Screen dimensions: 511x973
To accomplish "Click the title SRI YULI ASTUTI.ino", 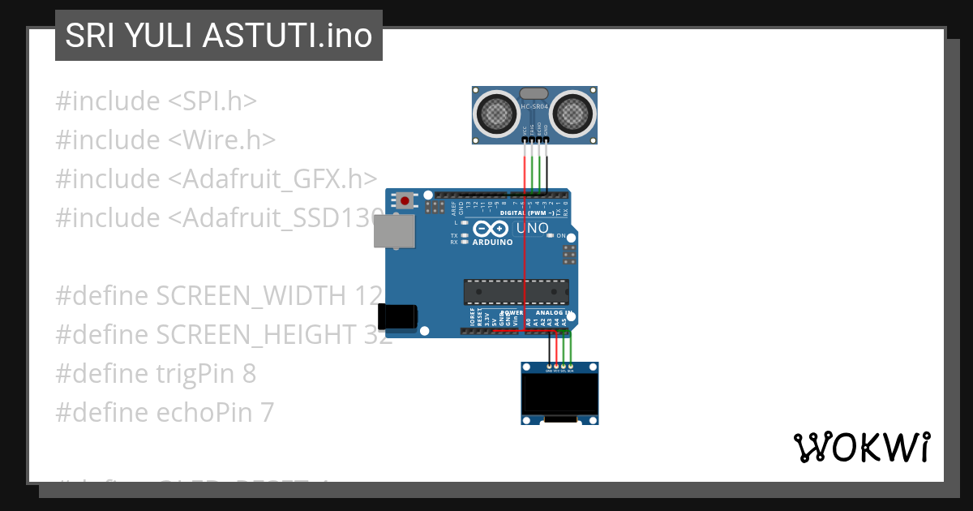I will [219, 36].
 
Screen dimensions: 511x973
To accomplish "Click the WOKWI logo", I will [861, 447].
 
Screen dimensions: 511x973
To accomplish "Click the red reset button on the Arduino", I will [405, 200].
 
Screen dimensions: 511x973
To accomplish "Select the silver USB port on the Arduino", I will [394, 231].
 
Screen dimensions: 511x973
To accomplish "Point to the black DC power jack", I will [398, 316].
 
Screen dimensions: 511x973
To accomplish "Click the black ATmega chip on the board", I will [516, 292].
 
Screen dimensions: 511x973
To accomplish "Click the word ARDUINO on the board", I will [492, 243].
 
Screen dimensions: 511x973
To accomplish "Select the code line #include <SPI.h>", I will [156, 101].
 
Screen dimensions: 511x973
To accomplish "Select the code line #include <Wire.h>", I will [166, 140].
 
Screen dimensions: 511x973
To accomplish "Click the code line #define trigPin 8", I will [156, 374].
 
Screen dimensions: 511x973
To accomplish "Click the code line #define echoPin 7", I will [165, 413].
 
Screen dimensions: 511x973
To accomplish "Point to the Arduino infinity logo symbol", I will [491, 229].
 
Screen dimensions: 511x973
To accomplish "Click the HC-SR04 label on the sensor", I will [535, 106].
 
